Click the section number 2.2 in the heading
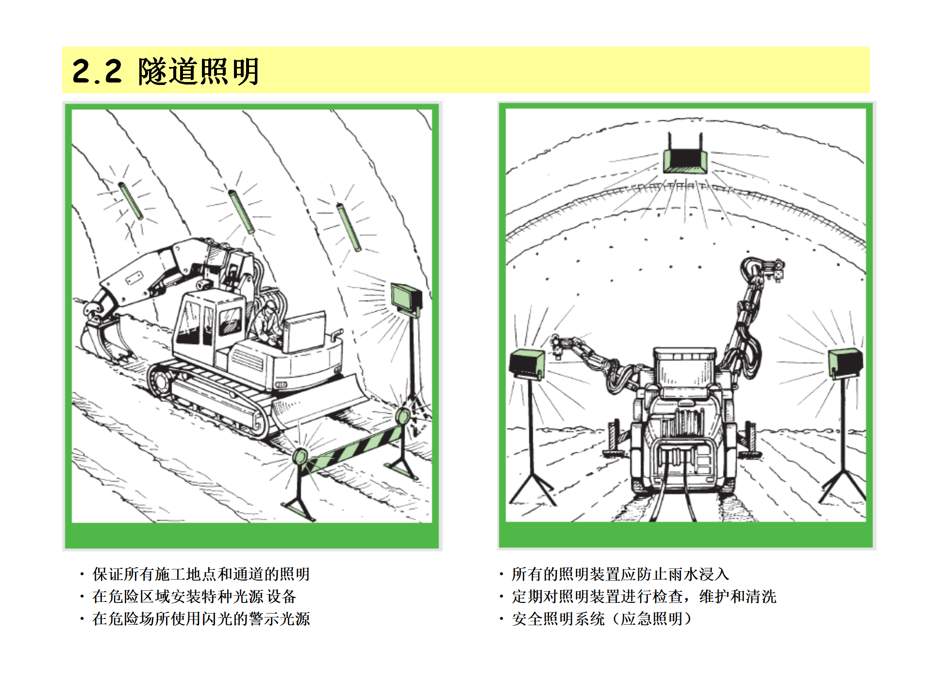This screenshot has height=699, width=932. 97,71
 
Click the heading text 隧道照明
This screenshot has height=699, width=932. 199,71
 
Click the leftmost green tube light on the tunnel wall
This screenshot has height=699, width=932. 131,201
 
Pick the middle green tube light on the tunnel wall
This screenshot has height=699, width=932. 241,212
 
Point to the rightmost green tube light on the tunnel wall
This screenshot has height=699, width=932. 349,227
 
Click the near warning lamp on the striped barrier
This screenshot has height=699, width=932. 300,457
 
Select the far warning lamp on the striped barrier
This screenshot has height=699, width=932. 403,416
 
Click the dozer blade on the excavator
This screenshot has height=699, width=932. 320,398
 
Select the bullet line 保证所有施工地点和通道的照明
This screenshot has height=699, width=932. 201,574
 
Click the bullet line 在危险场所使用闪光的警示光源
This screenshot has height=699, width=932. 201,619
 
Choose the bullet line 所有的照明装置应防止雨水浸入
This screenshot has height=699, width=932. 620,574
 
